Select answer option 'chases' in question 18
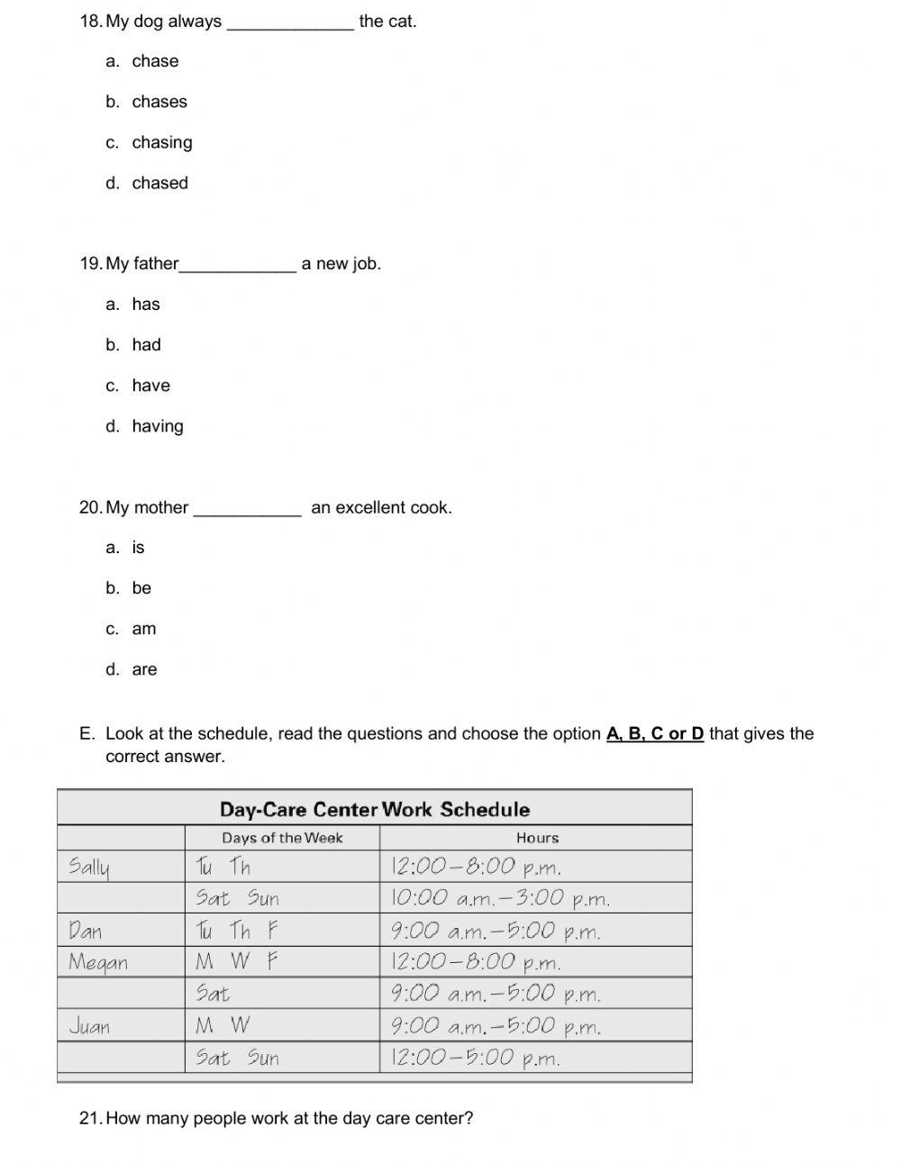point(159,102)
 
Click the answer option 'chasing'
point(161,142)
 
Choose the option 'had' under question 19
point(146,345)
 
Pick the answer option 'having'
point(157,426)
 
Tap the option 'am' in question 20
point(143,629)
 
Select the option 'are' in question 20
point(144,669)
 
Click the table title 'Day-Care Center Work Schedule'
point(375,809)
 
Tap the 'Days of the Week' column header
point(282,838)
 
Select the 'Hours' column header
point(537,838)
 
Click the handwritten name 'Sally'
point(88,868)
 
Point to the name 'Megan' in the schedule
point(98,963)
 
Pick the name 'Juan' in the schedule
point(89,1026)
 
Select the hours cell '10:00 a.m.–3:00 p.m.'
point(500,899)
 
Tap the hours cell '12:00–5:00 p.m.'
point(475,1058)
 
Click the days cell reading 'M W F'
point(236,962)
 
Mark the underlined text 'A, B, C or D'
point(655,734)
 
